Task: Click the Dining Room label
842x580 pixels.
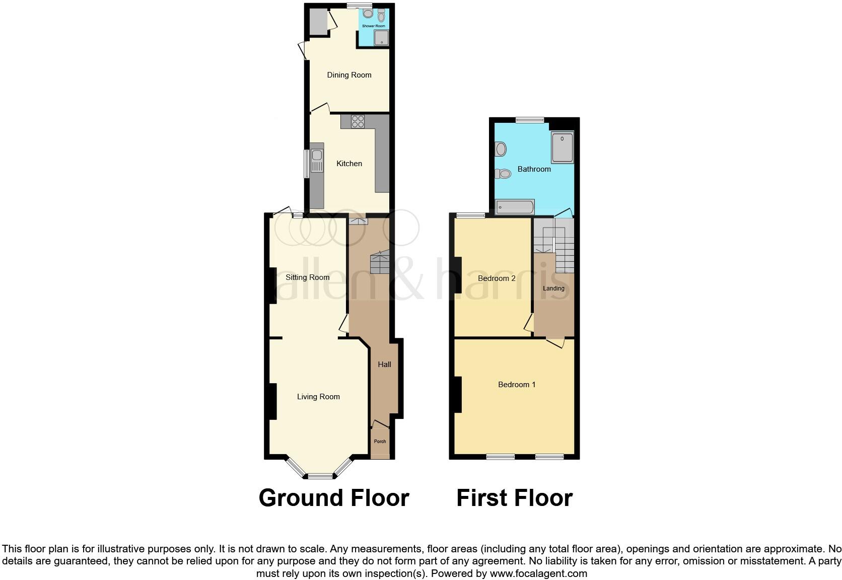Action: [349, 75]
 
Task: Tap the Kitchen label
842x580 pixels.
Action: [349, 164]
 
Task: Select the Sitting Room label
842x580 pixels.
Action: [307, 277]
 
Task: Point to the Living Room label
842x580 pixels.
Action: [318, 397]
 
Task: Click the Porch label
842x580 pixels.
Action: [380, 442]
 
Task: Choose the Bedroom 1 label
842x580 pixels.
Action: [517, 385]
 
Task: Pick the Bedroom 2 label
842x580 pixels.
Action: [497, 278]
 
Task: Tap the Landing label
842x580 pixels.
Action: [553, 288]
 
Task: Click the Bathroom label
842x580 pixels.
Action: [534, 169]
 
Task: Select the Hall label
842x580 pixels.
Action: [384, 365]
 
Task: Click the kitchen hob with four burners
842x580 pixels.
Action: [358, 121]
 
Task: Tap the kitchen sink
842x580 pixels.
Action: [317, 160]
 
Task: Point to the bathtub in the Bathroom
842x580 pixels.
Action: [515, 207]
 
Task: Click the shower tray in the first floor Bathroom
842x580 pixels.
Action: [562, 148]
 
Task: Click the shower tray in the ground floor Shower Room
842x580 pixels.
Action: [381, 37]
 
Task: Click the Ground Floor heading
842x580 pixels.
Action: [333, 498]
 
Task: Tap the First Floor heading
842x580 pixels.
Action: [514, 498]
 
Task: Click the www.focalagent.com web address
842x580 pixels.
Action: [538, 573]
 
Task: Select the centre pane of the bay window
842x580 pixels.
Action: [321, 476]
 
